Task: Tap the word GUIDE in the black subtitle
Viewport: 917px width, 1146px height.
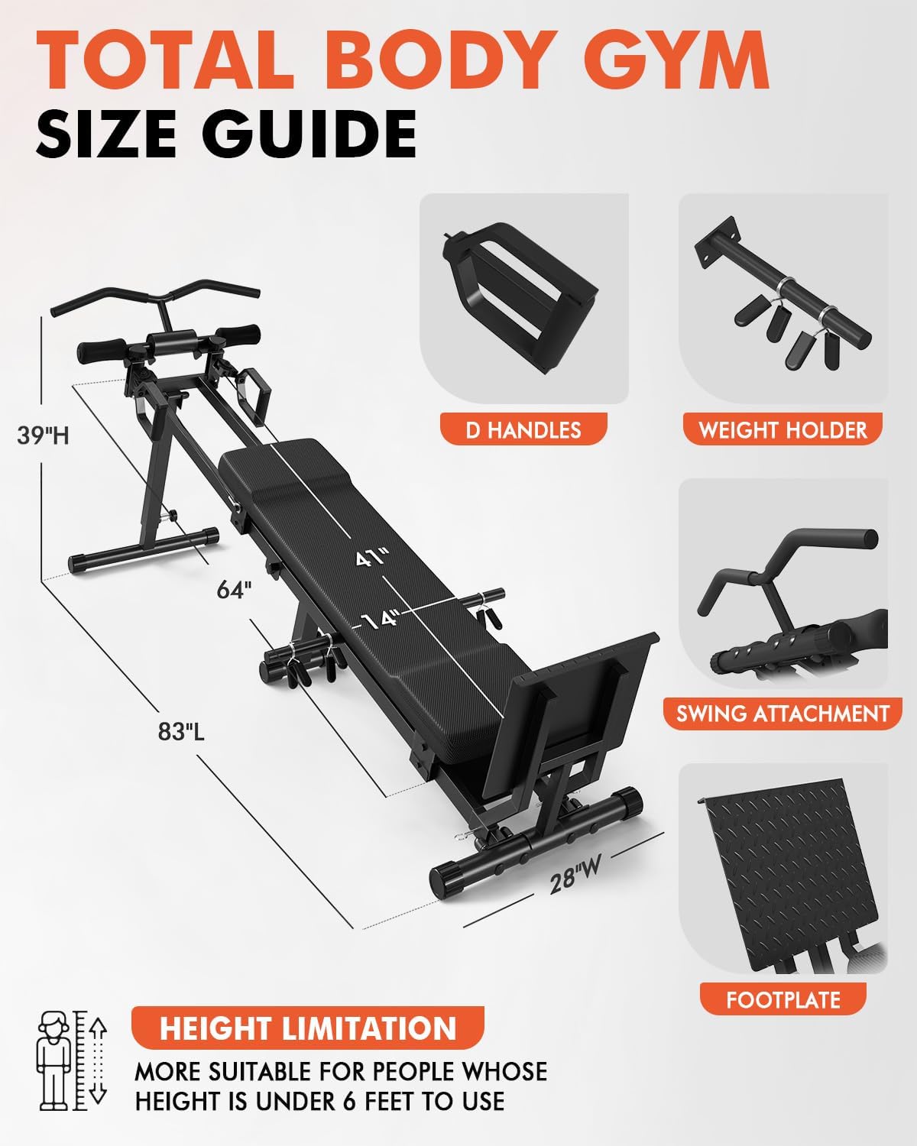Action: coord(314,134)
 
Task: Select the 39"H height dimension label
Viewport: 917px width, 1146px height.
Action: coord(44,435)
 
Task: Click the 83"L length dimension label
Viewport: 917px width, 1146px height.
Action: coord(181,731)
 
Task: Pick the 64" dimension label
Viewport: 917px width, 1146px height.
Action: coord(234,590)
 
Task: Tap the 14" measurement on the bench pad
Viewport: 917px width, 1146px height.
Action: coord(381,618)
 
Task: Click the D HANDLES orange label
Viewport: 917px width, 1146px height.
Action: coord(523,429)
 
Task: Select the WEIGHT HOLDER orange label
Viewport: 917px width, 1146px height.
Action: coord(783,429)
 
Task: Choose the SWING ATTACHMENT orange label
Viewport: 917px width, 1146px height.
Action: coord(783,714)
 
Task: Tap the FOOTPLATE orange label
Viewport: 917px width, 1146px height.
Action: coord(783,999)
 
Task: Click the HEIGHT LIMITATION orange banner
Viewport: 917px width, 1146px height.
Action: coord(308,1028)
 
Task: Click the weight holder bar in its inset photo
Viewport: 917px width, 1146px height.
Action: coord(787,298)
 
